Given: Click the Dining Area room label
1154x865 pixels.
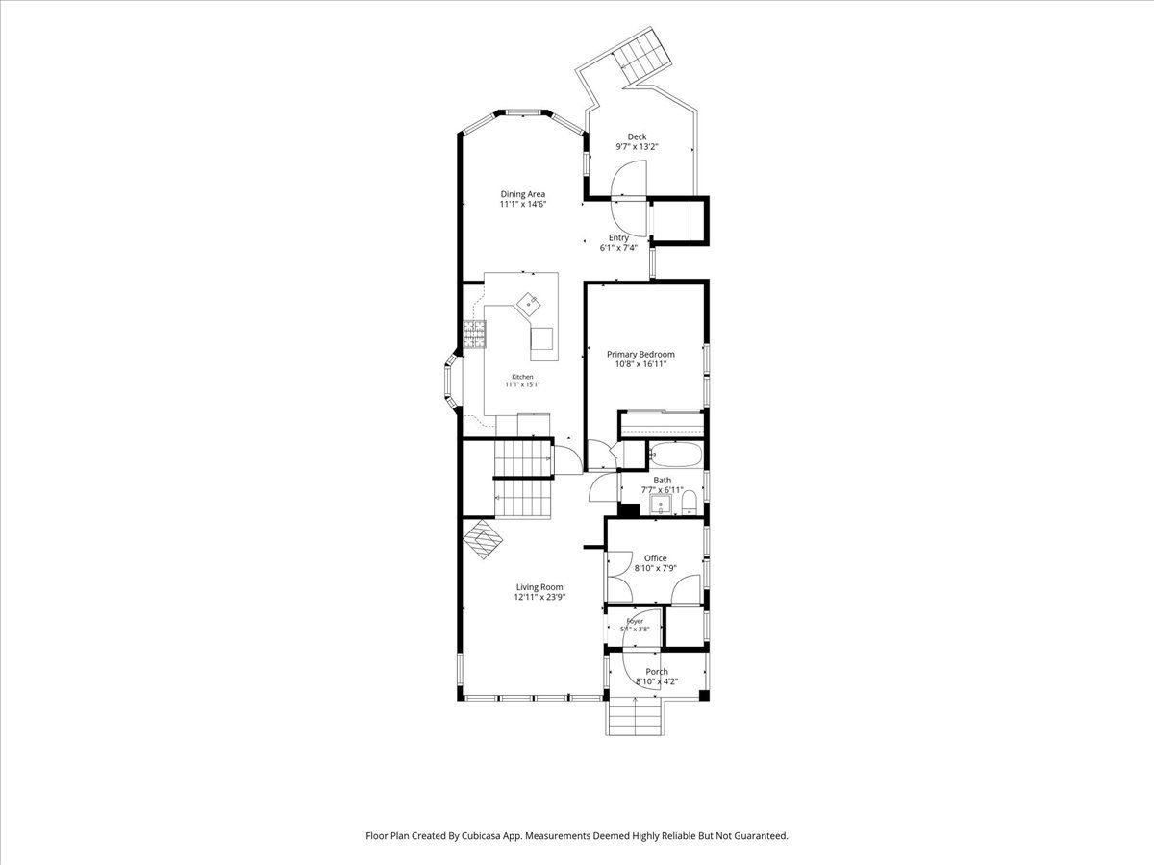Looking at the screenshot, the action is tap(522, 194).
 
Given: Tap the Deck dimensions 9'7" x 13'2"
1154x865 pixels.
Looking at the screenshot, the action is tap(638, 147).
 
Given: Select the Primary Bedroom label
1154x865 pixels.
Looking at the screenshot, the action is tap(640, 354).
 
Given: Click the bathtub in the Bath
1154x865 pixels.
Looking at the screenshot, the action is tap(676, 455).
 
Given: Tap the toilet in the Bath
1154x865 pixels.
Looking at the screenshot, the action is tap(689, 503).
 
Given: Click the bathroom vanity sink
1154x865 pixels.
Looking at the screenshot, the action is tap(661, 505).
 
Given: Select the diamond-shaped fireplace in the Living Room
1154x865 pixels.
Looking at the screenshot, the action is tap(483, 539).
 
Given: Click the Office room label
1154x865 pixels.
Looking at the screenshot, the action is tap(656, 558).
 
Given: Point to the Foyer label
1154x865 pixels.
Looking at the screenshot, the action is tap(635, 621).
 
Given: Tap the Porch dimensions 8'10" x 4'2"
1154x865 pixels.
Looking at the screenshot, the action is tap(657, 681).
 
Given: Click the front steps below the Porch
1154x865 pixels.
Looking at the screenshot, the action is tap(635, 717).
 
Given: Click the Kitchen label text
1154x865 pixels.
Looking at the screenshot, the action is tap(522, 377).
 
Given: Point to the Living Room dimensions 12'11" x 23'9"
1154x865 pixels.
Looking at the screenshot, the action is tap(539, 597).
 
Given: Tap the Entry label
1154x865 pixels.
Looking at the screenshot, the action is tap(618, 238).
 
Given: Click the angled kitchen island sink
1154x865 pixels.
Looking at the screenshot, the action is tap(162, 303).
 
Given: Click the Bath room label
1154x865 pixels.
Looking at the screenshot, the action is tap(663, 480).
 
